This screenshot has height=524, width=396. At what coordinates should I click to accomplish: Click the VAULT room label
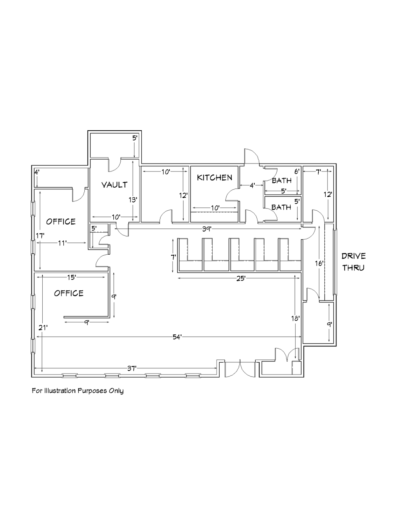pos(114,185)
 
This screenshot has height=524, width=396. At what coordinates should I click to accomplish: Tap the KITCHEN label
pos(214,177)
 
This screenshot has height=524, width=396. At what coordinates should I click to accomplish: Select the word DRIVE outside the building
pos(353,256)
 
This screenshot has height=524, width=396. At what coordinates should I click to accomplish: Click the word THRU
pos(353,268)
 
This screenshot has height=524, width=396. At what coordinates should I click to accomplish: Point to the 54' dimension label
pos(177,337)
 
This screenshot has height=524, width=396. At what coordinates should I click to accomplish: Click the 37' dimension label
pos(132,369)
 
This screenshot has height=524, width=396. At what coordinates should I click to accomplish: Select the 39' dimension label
pos(207,229)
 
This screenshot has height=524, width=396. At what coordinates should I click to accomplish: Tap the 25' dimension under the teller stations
pos(241,278)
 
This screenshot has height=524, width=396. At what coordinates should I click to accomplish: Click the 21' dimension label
pos(43,328)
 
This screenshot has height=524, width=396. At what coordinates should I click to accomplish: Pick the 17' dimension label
pos(40,236)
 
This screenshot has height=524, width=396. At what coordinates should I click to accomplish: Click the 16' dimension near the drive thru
pos(319,263)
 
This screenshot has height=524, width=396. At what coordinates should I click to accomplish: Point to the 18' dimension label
pos(295,319)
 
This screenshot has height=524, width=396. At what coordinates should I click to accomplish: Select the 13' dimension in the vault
pos(133,199)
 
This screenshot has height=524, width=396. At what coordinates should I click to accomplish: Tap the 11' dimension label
pos(62,243)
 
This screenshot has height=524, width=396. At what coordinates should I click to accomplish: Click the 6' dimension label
pos(297,172)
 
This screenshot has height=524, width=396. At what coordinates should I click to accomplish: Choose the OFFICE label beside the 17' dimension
pos(61,221)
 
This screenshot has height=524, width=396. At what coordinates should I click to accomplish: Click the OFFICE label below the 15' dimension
pos(69,293)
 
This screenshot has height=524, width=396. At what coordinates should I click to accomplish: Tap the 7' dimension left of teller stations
pos(174,257)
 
